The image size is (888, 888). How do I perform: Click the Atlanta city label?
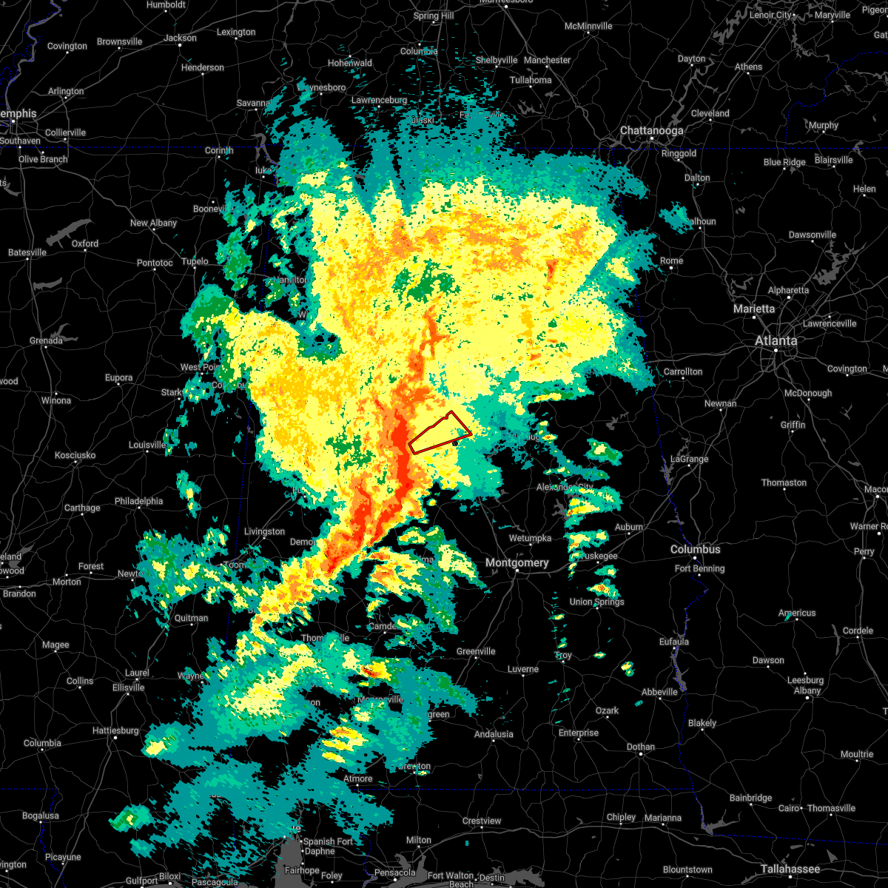click(776, 341)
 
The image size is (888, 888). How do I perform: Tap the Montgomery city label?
click(517, 563)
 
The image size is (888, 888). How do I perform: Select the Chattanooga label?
click(651, 131)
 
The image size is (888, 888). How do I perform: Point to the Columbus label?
click(695, 550)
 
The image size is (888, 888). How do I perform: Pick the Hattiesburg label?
click(115, 731)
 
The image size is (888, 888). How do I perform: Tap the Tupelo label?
click(195, 261)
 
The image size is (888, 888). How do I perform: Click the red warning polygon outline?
click(440, 433)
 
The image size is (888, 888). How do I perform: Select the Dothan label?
click(640, 747)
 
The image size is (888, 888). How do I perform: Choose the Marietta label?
click(754, 309)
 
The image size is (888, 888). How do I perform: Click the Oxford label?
click(85, 243)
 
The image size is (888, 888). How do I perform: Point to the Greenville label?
click(476, 652)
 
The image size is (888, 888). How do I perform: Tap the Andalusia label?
click(494, 735)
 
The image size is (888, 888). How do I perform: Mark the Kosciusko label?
click(75, 456)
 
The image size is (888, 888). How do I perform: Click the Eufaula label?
click(674, 642)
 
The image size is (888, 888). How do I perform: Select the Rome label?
click(671, 261)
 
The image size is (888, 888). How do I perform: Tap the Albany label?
click(807, 691)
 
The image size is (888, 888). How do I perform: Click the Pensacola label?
click(394, 872)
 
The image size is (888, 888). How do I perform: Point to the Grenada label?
click(46, 341)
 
